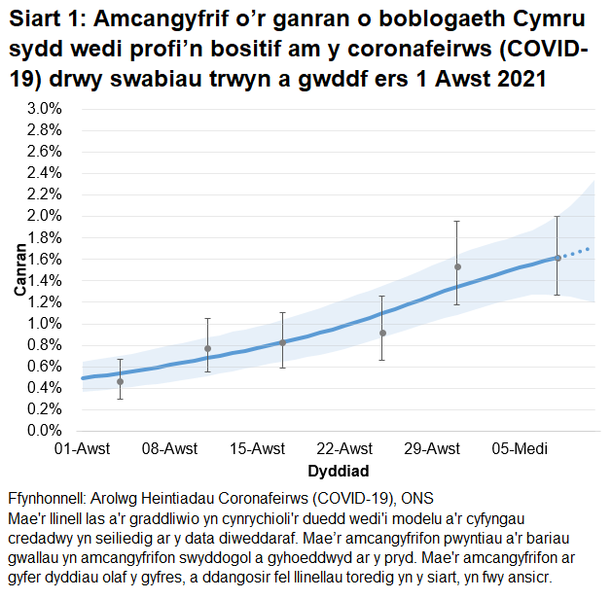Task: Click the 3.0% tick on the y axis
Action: (x=45, y=108)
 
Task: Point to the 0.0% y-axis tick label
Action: (x=45, y=431)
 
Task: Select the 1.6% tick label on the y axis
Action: (x=45, y=259)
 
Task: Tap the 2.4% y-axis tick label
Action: (x=45, y=173)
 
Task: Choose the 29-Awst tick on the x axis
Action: (x=431, y=449)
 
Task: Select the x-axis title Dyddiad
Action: (x=338, y=471)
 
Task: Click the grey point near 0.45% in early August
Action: (x=120, y=381)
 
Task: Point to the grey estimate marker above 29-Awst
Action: (x=457, y=266)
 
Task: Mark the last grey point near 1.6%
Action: (x=558, y=258)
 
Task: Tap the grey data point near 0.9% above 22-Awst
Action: (x=382, y=333)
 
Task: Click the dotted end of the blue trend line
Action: (x=579, y=252)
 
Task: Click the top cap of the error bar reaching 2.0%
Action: (x=558, y=216)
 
